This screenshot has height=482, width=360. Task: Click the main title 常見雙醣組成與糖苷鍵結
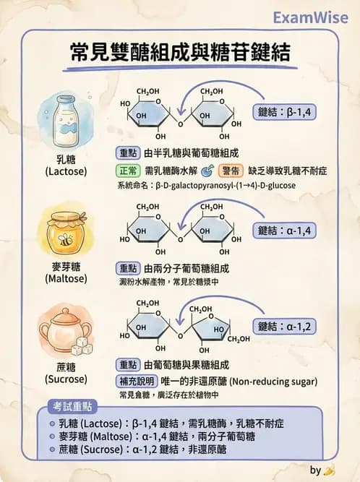[x=180, y=53]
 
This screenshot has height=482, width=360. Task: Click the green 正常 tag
[x=129, y=171]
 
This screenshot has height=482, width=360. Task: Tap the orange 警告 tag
[x=231, y=171]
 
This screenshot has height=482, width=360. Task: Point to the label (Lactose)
[x=66, y=172]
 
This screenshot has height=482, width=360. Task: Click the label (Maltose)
[x=66, y=277]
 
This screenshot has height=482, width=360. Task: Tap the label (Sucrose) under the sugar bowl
[x=66, y=378]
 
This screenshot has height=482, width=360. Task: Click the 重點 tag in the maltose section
[x=128, y=267]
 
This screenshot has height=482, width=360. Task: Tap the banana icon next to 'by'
[x=330, y=470]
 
